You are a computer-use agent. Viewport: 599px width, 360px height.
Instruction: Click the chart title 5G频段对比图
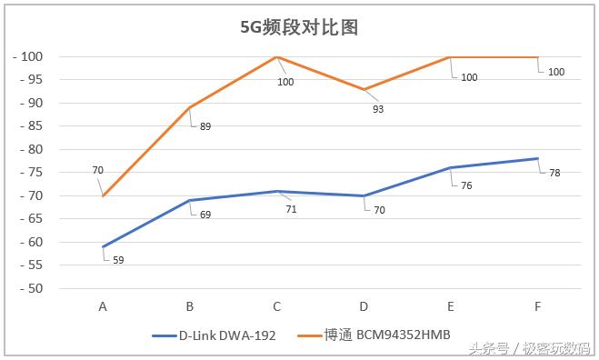pos(299,27)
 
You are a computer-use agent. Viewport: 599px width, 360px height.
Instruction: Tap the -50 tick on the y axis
pos(32,288)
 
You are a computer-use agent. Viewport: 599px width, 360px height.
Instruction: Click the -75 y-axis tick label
pos(32,173)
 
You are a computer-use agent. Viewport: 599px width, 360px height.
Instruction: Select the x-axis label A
pos(103,306)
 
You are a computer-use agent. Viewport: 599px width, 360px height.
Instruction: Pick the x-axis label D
pos(364,306)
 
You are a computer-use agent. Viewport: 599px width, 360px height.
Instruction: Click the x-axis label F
pos(538,306)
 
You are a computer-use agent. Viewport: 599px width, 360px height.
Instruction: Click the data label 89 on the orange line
pos(205,126)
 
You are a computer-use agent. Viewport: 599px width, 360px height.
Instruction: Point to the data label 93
pos(378,109)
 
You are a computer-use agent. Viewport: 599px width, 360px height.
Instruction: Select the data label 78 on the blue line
pos(554,173)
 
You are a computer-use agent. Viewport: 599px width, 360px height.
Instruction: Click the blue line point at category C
pos(277,191)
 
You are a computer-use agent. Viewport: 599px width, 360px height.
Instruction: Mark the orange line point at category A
pos(103,195)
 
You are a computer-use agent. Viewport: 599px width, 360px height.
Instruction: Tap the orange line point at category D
pos(364,89)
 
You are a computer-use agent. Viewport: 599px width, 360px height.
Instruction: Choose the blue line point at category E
pos(451,168)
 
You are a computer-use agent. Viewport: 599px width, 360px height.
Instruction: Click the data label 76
pos(467,185)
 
